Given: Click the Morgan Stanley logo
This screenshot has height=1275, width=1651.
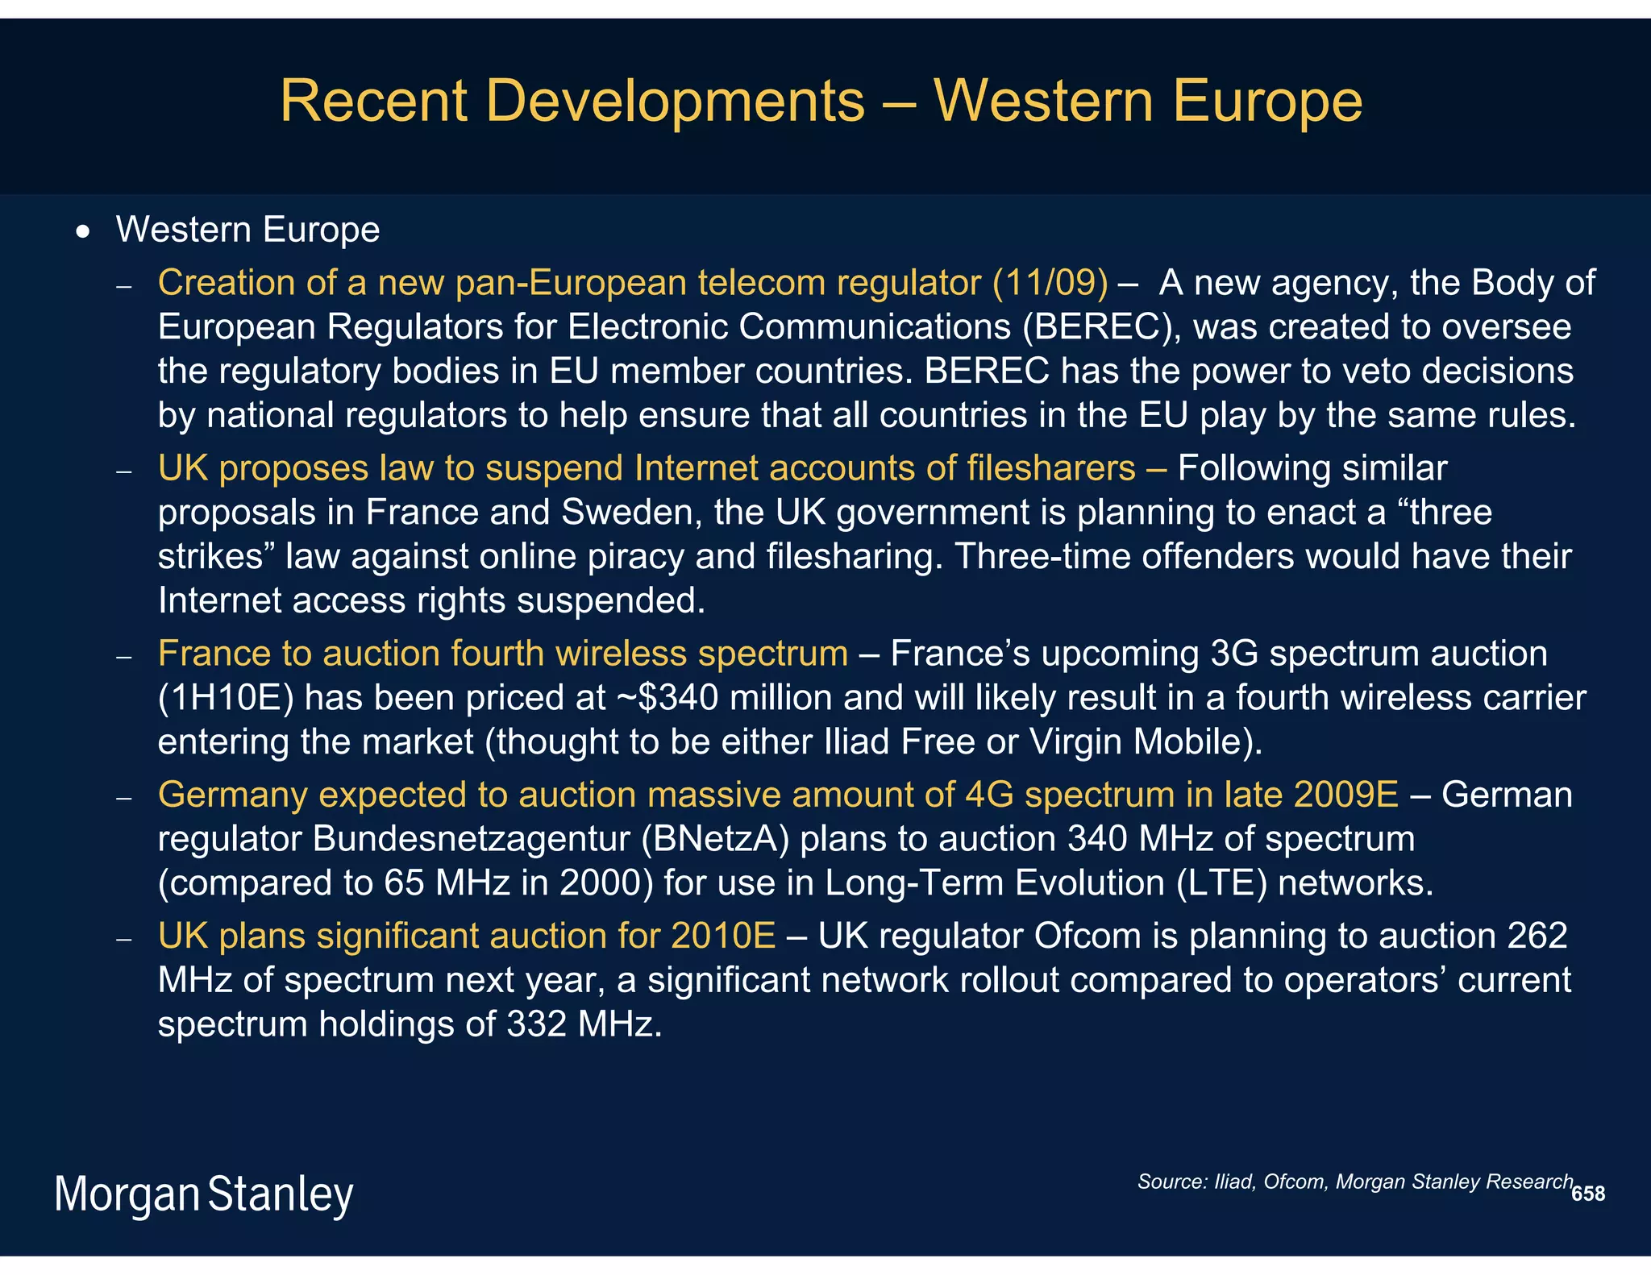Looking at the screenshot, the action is coord(204,1194).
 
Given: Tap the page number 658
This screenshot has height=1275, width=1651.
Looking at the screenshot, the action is coord(1588,1194).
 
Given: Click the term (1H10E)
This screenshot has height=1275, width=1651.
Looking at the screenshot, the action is coord(225,698).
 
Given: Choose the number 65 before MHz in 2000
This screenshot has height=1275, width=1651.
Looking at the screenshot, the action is coord(404,883).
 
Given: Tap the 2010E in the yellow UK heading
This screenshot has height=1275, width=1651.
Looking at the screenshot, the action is coord(722,937).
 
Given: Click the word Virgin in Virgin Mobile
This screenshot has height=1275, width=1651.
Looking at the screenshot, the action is coord(1075,742).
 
